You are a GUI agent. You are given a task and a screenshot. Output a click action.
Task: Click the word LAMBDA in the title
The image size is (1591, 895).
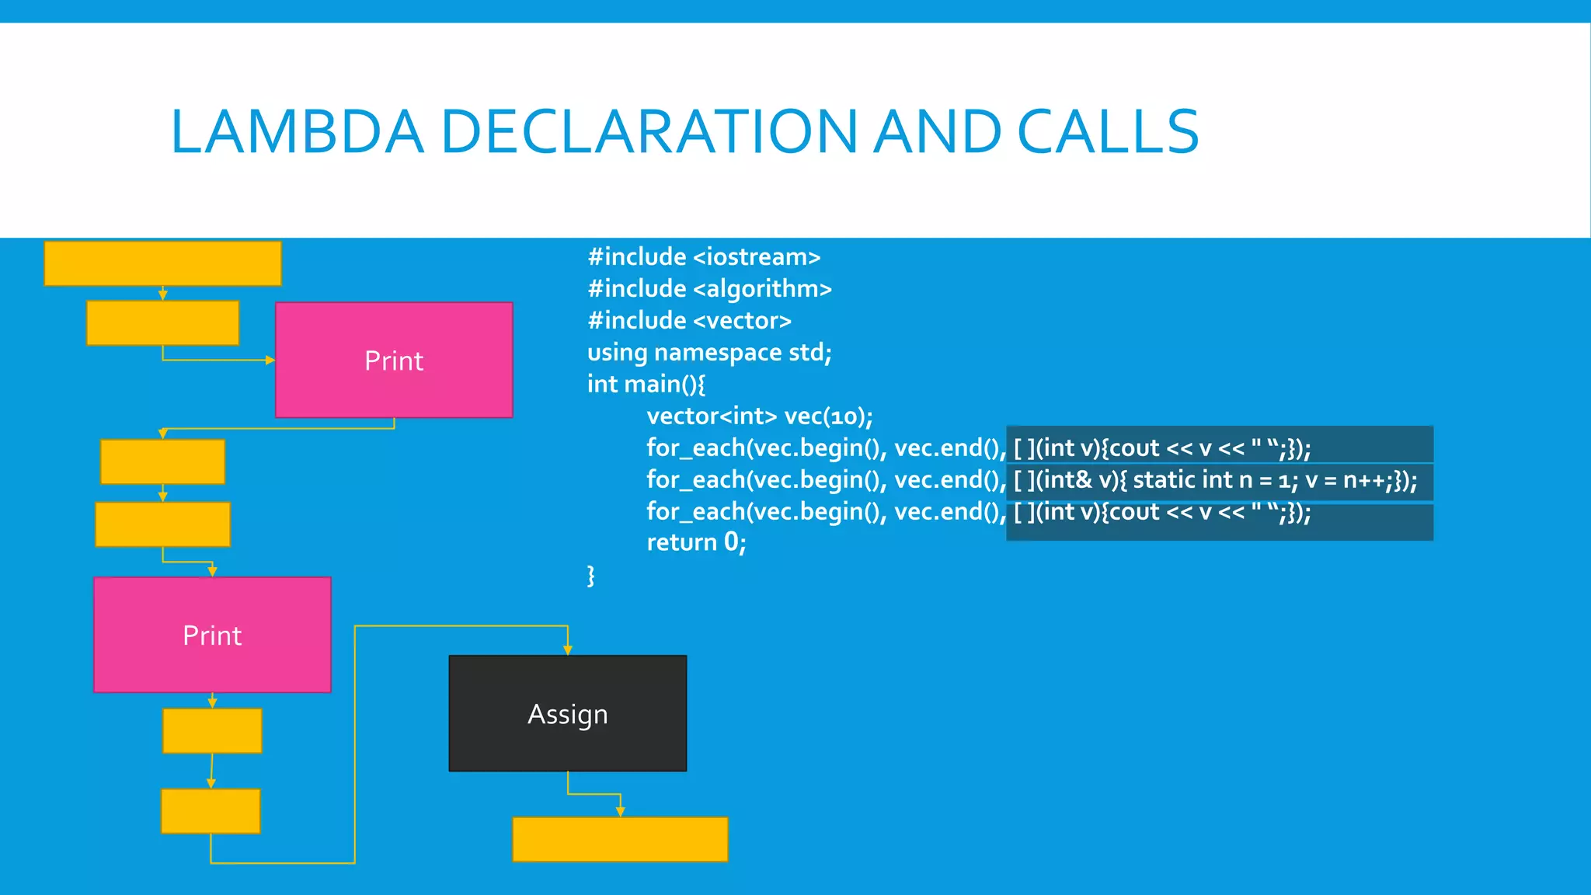point(297,131)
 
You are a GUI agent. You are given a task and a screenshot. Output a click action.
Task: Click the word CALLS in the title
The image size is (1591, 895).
point(1108,131)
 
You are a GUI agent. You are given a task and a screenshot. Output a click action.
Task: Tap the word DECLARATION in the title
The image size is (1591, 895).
point(649,131)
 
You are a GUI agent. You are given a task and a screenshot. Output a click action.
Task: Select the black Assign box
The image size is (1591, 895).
point(567,713)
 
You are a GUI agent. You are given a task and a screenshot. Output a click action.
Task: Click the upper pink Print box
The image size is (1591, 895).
point(394,360)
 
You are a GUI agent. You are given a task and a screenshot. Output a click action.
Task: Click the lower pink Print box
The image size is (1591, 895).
point(212,635)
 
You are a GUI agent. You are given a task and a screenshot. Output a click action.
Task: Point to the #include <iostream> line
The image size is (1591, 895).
point(704,256)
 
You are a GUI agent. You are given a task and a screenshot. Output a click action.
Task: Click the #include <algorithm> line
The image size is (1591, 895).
point(709,288)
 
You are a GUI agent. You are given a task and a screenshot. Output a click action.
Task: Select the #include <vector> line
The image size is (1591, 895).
point(689,320)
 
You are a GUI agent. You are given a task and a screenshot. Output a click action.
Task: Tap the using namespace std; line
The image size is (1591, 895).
point(709,352)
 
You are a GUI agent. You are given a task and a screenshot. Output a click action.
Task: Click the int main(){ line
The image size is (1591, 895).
point(646,384)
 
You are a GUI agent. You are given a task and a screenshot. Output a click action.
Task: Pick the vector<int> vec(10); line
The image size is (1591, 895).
point(759,416)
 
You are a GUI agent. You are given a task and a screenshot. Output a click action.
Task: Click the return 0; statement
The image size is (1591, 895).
point(696,542)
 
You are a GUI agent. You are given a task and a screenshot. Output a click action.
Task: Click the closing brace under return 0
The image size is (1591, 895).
point(590,575)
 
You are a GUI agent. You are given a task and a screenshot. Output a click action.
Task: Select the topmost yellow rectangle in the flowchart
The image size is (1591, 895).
point(162,263)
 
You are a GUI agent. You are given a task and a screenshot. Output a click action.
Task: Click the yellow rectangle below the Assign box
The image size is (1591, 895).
point(620,839)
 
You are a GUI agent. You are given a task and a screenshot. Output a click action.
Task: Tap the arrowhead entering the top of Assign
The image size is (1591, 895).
point(568,650)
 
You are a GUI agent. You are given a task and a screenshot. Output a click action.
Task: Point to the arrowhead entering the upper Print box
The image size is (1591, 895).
point(270,360)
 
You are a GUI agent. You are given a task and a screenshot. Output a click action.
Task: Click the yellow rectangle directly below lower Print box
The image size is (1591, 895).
point(212,730)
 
